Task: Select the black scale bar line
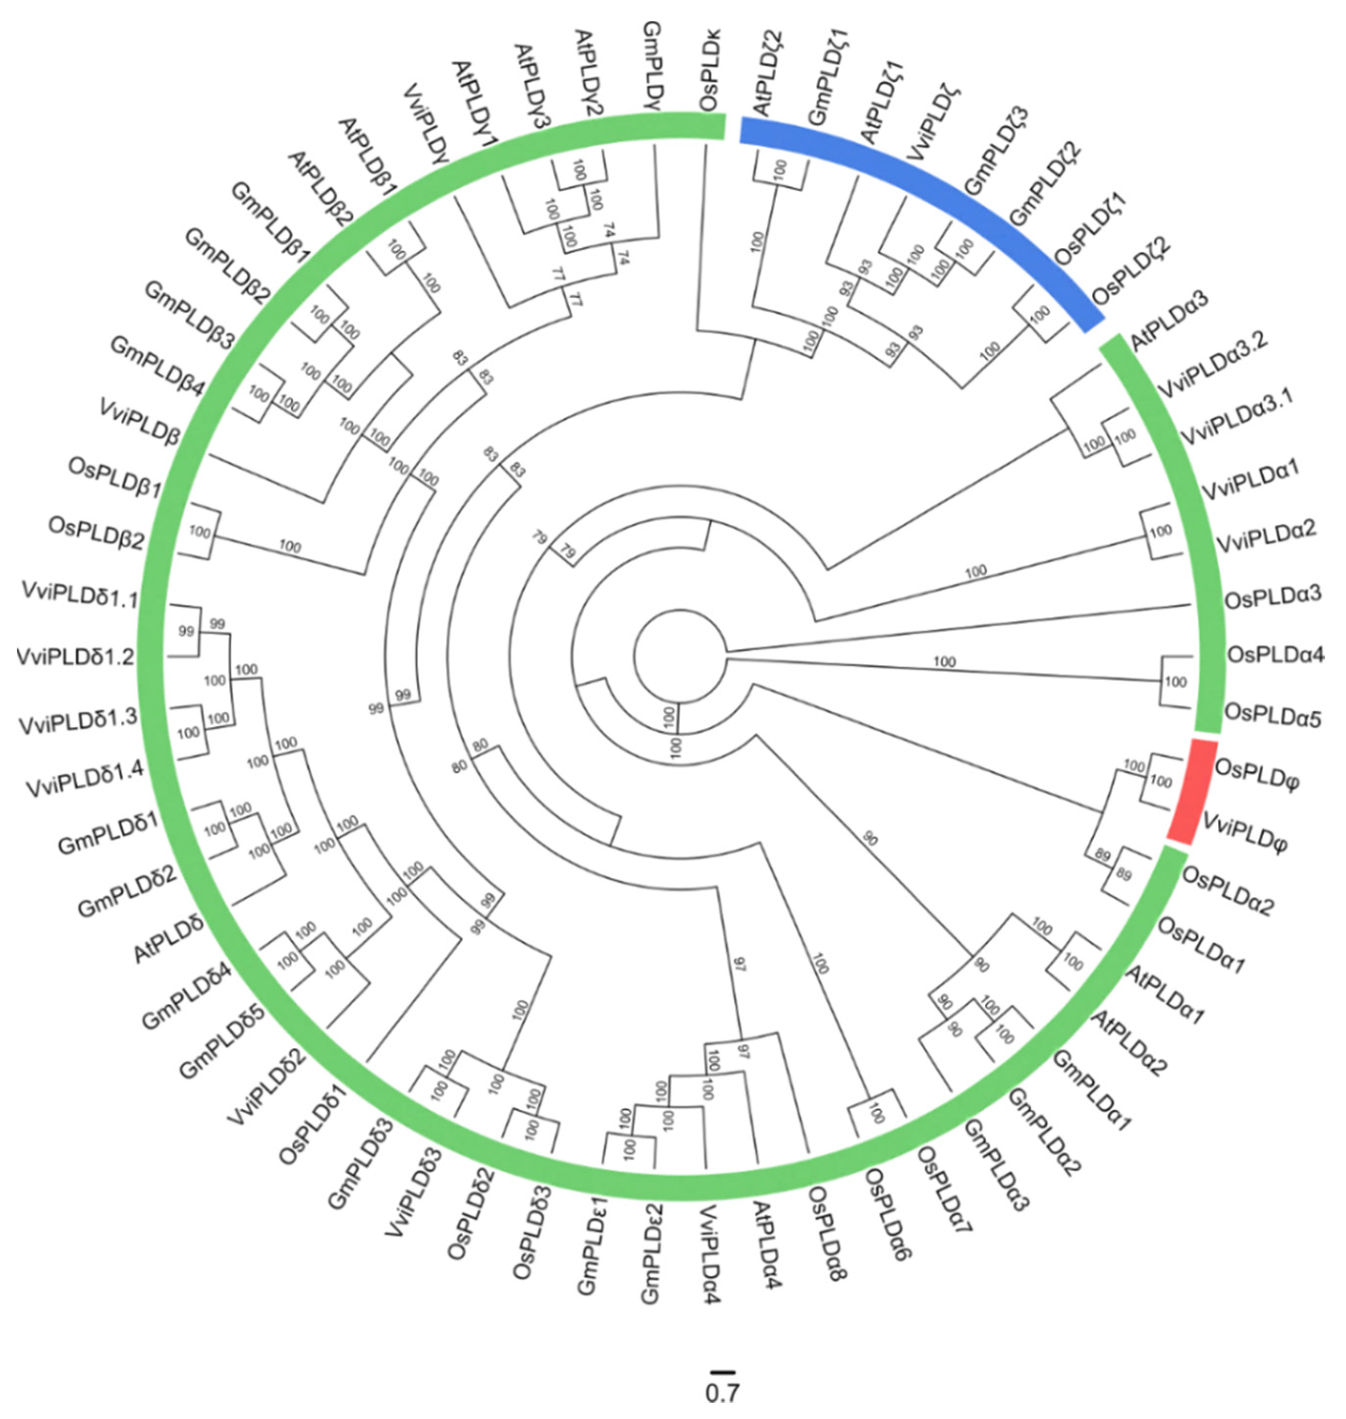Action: pos(721,1371)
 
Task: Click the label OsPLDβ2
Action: pos(96,533)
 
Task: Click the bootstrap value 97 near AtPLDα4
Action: pos(739,965)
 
